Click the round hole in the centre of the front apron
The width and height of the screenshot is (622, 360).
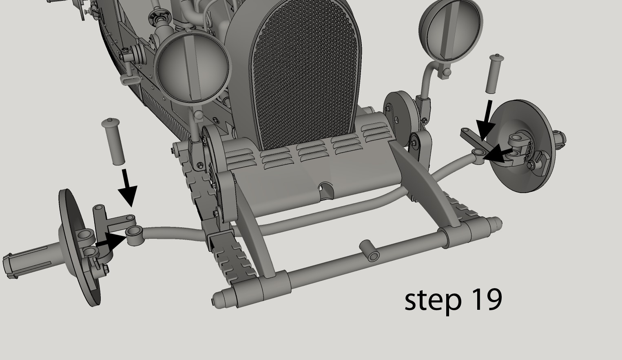click(x=325, y=188)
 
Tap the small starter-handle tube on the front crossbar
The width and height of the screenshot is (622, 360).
click(x=369, y=250)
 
